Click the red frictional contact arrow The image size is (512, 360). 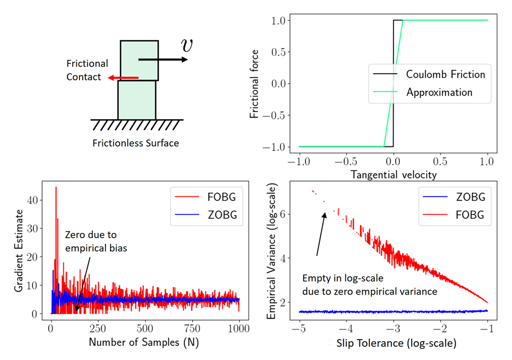click(x=123, y=78)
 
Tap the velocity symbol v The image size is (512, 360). click(x=187, y=45)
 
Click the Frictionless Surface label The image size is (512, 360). click(x=136, y=143)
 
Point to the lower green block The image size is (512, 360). click(x=137, y=100)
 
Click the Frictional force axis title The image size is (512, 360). click(x=256, y=84)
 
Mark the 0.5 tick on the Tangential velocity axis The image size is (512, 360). click(x=440, y=162)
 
